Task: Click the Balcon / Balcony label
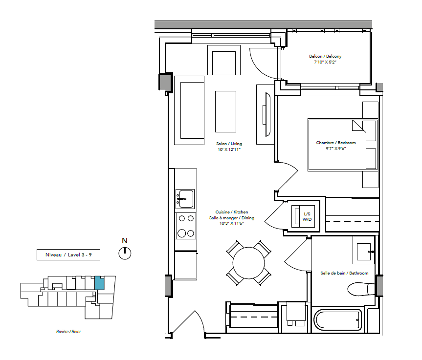[x=325, y=56]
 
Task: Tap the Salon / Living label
[x=229, y=144]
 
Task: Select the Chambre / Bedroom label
[x=336, y=143]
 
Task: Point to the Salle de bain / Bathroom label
[x=344, y=273]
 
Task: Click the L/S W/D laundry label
[x=307, y=216]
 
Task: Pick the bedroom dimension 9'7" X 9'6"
[x=335, y=148]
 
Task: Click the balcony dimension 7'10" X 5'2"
[x=325, y=62]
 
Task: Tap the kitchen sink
[x=185, y=199]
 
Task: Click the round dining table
[x=249, y=263]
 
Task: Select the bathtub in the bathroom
[x=338, y=320]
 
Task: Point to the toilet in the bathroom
[x=361, y=289]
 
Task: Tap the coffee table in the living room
[x=225, y=111]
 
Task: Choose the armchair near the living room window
[x=223, y=60]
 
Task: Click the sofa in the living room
[x=189, y=110]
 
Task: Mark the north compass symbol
[x=125, y=254]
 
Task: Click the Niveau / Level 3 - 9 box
[x=68, y=254]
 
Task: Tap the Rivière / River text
[x=68, y=332]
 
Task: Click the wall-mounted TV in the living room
[x=267, y=115]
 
